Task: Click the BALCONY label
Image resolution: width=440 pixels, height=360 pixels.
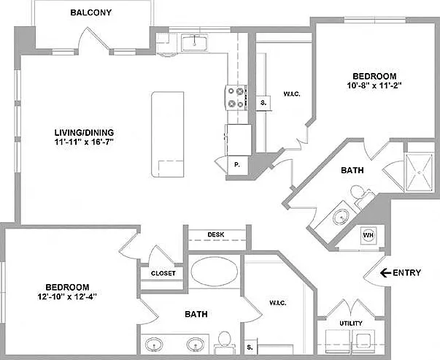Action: pos(91,12)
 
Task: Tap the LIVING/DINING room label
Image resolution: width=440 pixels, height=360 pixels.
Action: pos(84,132)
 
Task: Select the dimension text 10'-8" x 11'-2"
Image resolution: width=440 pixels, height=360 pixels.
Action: pos(374,85)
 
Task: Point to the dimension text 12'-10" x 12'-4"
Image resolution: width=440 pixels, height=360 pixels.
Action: pos(67,296)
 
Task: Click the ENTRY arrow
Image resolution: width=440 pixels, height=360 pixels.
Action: pos(385,272)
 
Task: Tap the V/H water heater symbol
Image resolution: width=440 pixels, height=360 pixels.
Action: pos(368,234)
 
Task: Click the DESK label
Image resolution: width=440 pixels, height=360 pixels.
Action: pos(216,234)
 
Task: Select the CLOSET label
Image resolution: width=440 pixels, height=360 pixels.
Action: pos(163,273)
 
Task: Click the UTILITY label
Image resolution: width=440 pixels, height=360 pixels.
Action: pos(351,323)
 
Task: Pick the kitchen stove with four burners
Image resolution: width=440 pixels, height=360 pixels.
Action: pos(236,98)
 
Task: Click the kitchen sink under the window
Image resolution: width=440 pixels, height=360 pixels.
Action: pos(194,42)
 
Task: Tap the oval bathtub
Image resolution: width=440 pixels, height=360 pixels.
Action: pos(215,272)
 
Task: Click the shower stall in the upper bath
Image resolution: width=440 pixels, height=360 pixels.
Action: pos(420,172)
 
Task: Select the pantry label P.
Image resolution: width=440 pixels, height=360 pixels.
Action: pos(237,165)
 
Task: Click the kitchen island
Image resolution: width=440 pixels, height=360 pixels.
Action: pos(168,134)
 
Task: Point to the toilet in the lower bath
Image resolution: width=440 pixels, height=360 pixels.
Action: pos(224,341)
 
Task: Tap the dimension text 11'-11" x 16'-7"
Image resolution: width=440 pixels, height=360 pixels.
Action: pos(84,142)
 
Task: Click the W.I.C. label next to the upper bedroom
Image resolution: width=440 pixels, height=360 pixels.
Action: pos(292,94)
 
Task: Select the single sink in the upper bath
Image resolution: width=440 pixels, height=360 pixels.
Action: pos(341,217)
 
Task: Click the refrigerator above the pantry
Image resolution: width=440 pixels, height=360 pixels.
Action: pos(239,140)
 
